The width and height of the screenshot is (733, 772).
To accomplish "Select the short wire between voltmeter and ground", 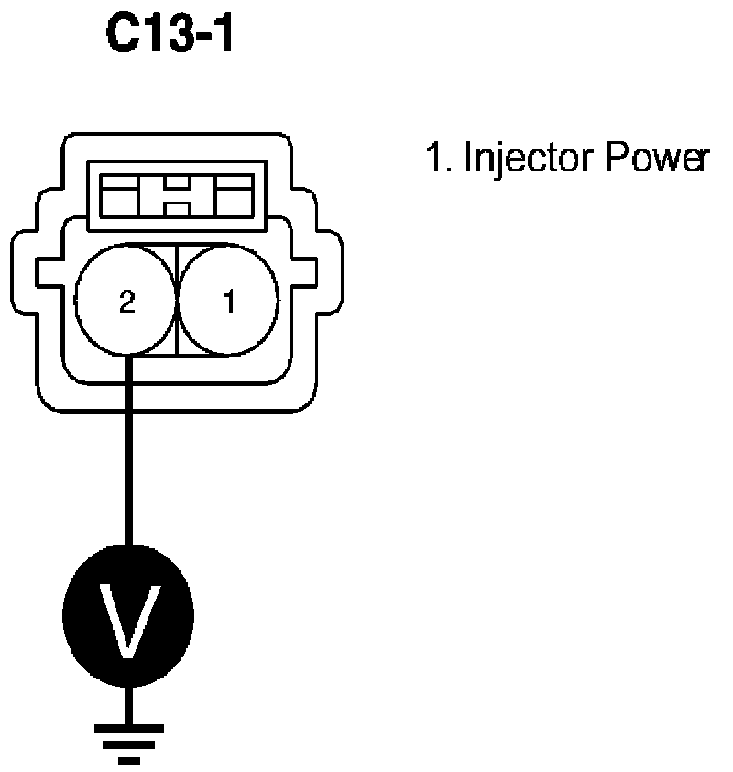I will click(x=128, y=701).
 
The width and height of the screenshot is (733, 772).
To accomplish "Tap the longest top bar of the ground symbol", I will click(x=128, y=727).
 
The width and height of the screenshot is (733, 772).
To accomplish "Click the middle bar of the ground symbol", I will click(x=128, y=744).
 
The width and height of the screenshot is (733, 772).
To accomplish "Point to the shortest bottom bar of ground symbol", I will click(x=128, y=759).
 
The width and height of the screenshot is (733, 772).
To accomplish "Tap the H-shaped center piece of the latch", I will click(x=176, y=195).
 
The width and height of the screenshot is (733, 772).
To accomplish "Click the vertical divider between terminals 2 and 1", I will click(x=176, y=303).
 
